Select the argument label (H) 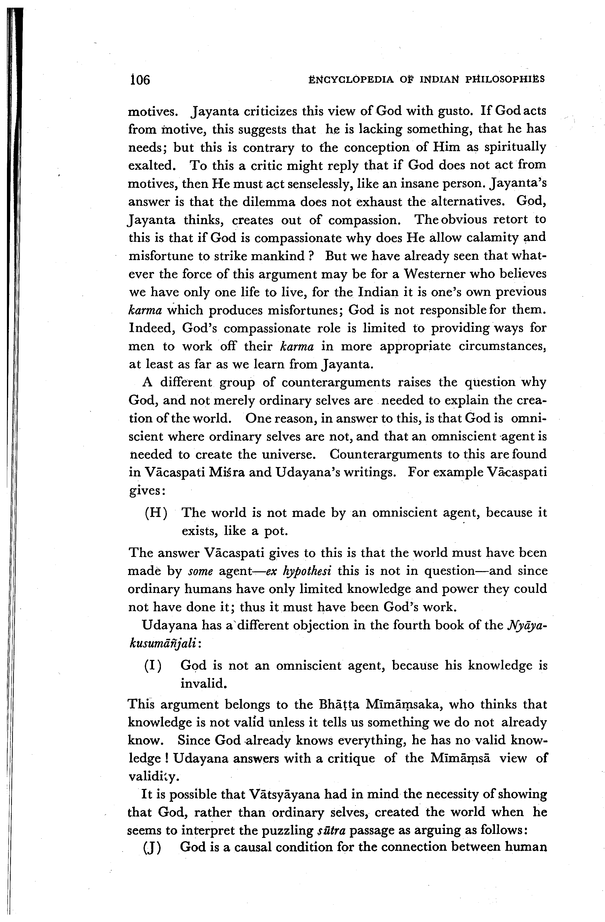point(156,513)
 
